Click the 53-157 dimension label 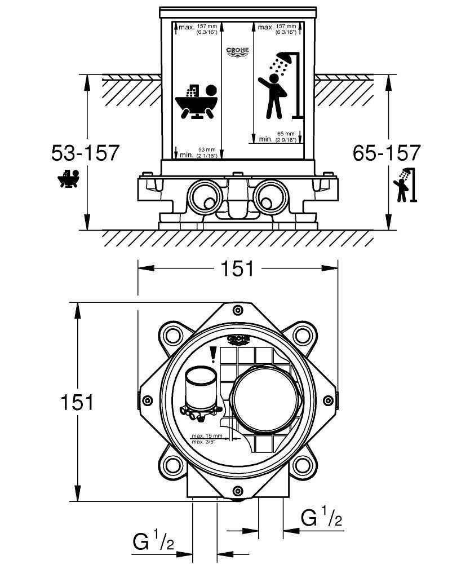point(85,153)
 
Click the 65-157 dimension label point(387,153)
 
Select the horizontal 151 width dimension point(237,268)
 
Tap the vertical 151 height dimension point(77,402)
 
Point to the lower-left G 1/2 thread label point(153,543)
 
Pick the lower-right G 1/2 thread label point(322,517)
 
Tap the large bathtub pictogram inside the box point(196,102)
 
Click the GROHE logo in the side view point(237,51)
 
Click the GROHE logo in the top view point(238,340)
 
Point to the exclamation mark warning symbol point(213,354)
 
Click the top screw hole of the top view point(238,310)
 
